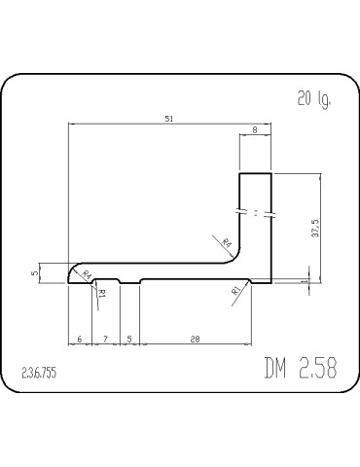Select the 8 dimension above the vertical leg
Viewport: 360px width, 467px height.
[x=255, y=129]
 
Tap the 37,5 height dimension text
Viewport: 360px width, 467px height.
[x=314, y=227]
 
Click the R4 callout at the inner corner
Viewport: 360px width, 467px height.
[x=226, y=242]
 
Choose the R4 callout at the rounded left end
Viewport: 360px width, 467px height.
[x=87, y=275]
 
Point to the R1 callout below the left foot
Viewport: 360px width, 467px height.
[x=102, y=291]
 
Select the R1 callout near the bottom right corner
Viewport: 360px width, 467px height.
[x=235, y=291]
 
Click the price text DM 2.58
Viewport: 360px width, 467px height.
[x=300, y=369]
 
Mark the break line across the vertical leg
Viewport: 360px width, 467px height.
[x=255, y=212]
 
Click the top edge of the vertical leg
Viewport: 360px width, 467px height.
[x=255, y=173]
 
